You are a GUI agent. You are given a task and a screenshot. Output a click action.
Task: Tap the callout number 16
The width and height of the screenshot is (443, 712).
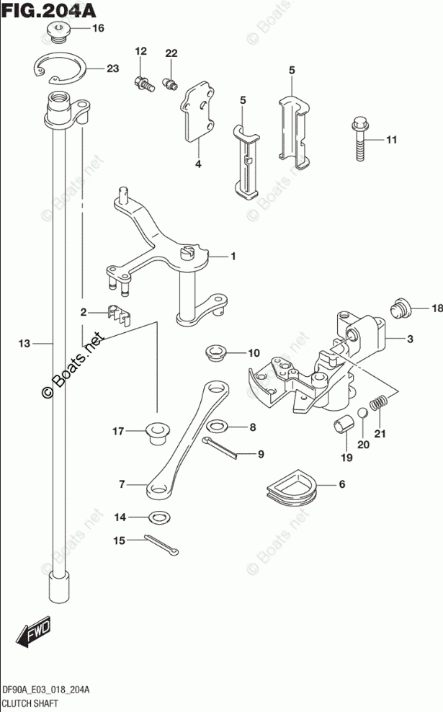pyautogui.click(x=98, y=29)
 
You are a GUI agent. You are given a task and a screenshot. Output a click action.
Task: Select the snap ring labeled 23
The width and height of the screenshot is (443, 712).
pyautogui.click(x=62, y=68)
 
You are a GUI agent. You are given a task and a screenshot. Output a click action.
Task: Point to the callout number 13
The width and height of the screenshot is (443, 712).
pyautogui.click(x=24, y=344)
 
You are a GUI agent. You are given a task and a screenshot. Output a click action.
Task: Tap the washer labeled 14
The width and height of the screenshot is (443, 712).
pyautogui.click(x=160, y=517)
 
